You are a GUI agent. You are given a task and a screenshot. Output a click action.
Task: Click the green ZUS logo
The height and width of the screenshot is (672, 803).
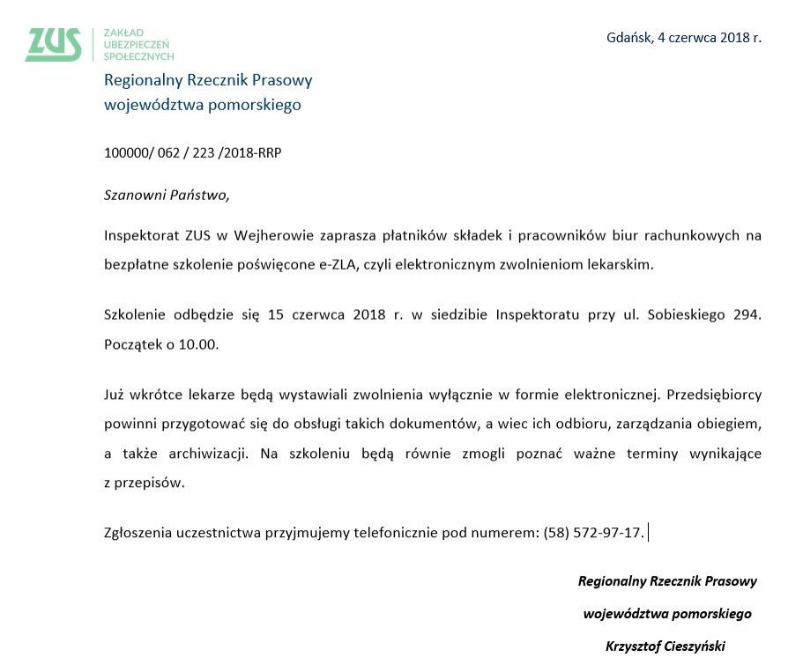click(x=54, y=44)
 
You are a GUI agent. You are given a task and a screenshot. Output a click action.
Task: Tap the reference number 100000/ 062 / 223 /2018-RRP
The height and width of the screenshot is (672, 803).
click(x=193, y=152)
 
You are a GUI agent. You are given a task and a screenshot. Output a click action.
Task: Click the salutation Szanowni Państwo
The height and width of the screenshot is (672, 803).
click(x=167, y=195)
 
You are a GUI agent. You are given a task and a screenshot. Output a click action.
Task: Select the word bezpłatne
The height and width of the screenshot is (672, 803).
click(x=136, y=264)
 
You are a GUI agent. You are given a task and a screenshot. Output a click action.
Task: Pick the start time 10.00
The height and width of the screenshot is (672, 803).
click(x=197, y=343)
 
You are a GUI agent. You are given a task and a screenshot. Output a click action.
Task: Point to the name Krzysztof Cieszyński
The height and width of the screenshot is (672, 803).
click(x=665, y=646)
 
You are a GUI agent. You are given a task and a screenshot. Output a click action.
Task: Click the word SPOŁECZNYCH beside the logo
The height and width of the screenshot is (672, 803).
click(x=138, y=55)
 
